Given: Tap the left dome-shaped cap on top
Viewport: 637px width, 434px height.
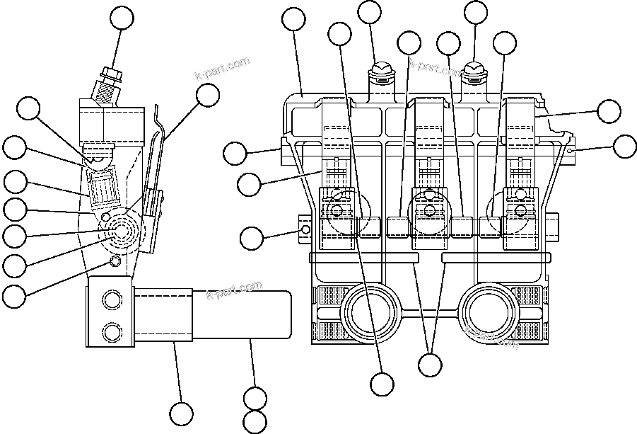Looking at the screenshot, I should pyautogui.click(x=381, y=69).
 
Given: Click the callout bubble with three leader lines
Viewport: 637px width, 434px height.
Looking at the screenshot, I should pyautogui.click(x=429, y=365).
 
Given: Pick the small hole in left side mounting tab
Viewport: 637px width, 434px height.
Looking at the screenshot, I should pyautogui.click(x=305, y=230).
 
